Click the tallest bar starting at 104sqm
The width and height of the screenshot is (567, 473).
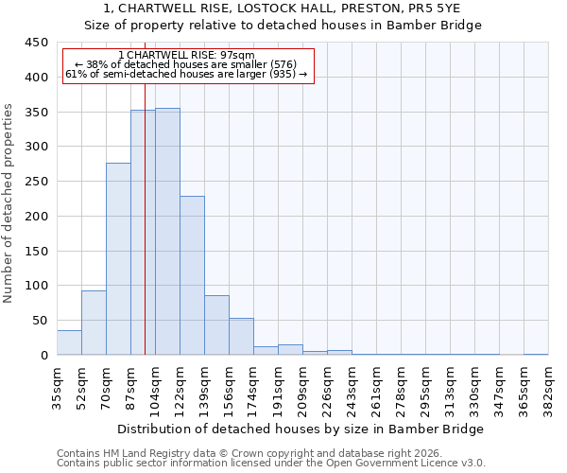click(x=167, y=232)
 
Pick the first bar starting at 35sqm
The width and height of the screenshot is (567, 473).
click(x=69, y=342)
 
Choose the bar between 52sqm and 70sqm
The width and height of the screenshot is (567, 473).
click(x=94, y=323)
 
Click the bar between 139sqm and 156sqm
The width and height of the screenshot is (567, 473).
click(x=216, y=325)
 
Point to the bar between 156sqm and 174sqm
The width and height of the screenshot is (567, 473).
click(x=241, y=337)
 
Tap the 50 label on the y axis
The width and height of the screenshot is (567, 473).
click(x=40, y=321)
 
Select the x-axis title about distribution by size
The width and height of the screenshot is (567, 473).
click(x=302, y=429)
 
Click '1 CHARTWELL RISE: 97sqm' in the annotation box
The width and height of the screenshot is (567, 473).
click(x=187, y=56)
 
